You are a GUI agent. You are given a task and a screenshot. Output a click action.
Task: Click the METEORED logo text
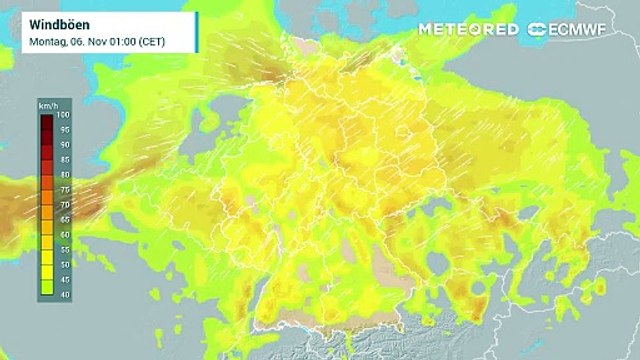tap(469, 29)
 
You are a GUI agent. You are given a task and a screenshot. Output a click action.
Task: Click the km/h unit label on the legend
tap(47, 106)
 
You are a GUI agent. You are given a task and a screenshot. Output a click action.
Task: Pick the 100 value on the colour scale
tap(64, 118)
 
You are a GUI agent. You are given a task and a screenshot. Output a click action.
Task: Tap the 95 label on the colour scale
tap(64, 130)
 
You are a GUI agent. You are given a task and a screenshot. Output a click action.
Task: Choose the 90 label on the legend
tap(64, 145)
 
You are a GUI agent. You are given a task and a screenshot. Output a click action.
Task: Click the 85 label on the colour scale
tap(64, 159)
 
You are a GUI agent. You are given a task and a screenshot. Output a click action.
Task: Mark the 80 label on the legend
tap(64, 174)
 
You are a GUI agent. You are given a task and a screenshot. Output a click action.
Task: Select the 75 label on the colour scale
tap(64, 189)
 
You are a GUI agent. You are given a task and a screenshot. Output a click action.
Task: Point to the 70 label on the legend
tap(64, 204)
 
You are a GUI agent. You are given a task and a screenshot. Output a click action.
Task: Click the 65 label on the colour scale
tap(64, 218)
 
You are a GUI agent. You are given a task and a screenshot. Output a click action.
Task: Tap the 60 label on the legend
tap(64, 233)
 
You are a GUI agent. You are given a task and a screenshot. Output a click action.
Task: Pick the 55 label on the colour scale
tap(64, 248)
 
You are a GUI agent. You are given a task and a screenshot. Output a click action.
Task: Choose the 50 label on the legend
tap(64, 263)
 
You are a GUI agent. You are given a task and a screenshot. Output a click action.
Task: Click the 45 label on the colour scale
tap(64, 278)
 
